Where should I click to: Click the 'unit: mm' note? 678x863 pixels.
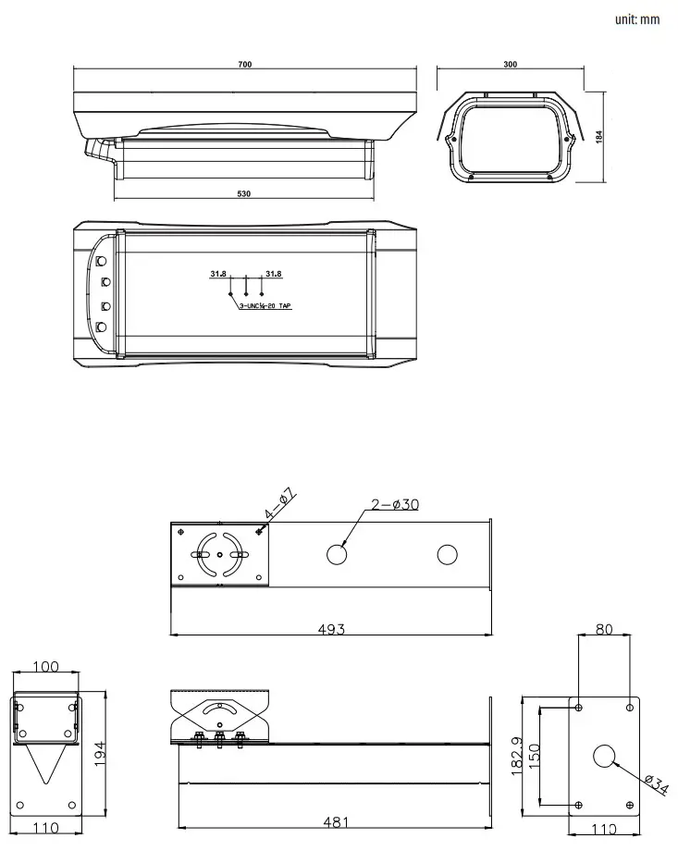(636, 19)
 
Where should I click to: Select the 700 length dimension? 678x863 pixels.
(244, 65)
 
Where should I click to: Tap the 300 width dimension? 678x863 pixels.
(510, 65)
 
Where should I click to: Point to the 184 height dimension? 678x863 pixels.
(599, 135)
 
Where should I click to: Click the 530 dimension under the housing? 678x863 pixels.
(244, 194)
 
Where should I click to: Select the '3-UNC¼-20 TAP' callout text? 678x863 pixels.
(265, 304)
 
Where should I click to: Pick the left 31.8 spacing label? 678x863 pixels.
(218, 274)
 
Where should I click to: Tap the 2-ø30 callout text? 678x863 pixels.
(395, 504)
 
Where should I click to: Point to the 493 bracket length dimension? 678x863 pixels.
(331, 629)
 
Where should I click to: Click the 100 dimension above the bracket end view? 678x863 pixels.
(45, 667)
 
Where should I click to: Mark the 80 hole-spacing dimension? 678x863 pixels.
(604, 630)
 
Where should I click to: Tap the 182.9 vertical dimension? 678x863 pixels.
(516, 756)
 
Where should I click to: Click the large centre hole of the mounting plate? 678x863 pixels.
(604, 756)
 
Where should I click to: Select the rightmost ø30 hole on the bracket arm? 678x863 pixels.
(447, 555)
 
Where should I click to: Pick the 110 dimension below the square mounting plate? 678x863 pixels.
(604, 829)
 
